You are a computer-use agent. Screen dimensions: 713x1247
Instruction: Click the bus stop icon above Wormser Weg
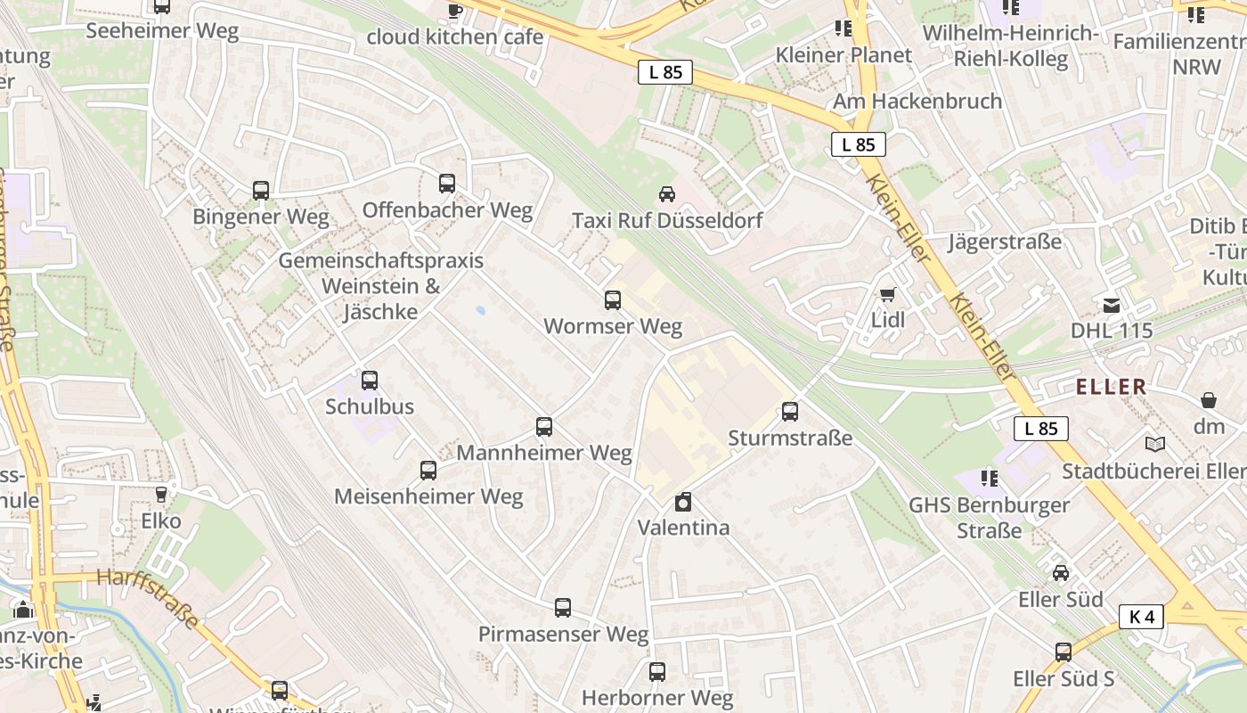tap(612, 300)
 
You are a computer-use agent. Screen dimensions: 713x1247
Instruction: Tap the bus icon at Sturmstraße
tap(790, 412)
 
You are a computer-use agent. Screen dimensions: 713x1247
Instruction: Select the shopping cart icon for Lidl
tap(887, 294)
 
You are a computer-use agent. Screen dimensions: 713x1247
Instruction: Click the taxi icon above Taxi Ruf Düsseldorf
tap(666, 194)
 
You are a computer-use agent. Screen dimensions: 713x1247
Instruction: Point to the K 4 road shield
tap(1141, 616)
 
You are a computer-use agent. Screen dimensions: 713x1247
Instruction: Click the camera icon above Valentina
tap(682, 503)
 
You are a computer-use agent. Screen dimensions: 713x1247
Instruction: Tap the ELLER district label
tap(1112, 387)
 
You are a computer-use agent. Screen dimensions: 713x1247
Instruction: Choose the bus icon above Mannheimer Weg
tap(544, 427)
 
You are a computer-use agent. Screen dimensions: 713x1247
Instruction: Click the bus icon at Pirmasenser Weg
tap(563, 608)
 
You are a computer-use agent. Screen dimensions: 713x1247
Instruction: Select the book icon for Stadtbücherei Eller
tap(1154, 444)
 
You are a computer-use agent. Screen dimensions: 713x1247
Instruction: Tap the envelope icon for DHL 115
tap(1112, 306)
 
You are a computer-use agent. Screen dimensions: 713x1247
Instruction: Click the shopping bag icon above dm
tap(1209, 400)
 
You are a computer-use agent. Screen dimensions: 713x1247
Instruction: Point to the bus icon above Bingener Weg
tap(260, 191)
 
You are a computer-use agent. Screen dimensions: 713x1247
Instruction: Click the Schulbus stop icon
tap(370, 381)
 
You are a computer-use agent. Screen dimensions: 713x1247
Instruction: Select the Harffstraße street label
tap(148, 598)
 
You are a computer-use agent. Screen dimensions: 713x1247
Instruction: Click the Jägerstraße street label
tap(1005, 242)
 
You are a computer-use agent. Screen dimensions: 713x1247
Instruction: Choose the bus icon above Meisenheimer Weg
tap(428, 471)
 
